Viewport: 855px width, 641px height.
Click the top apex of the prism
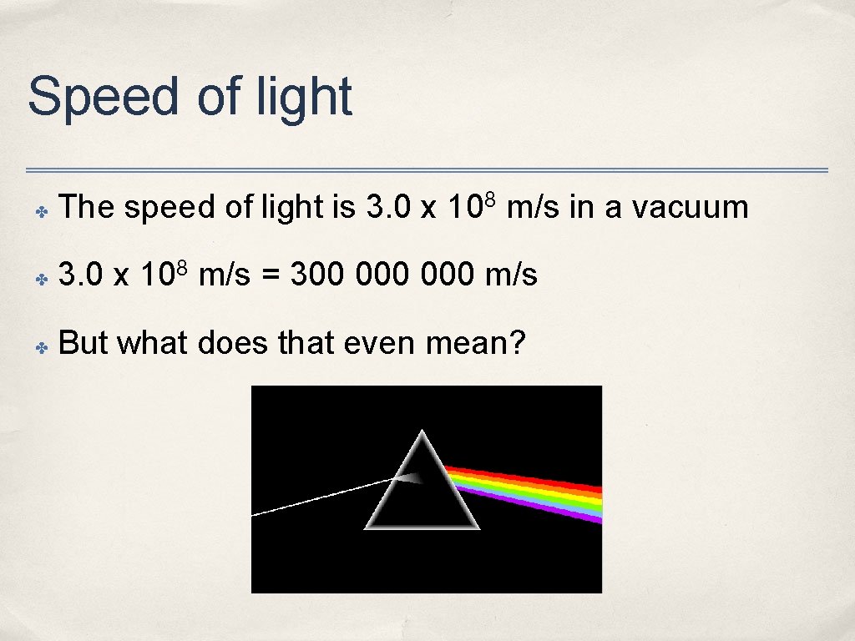pos(422,432)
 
